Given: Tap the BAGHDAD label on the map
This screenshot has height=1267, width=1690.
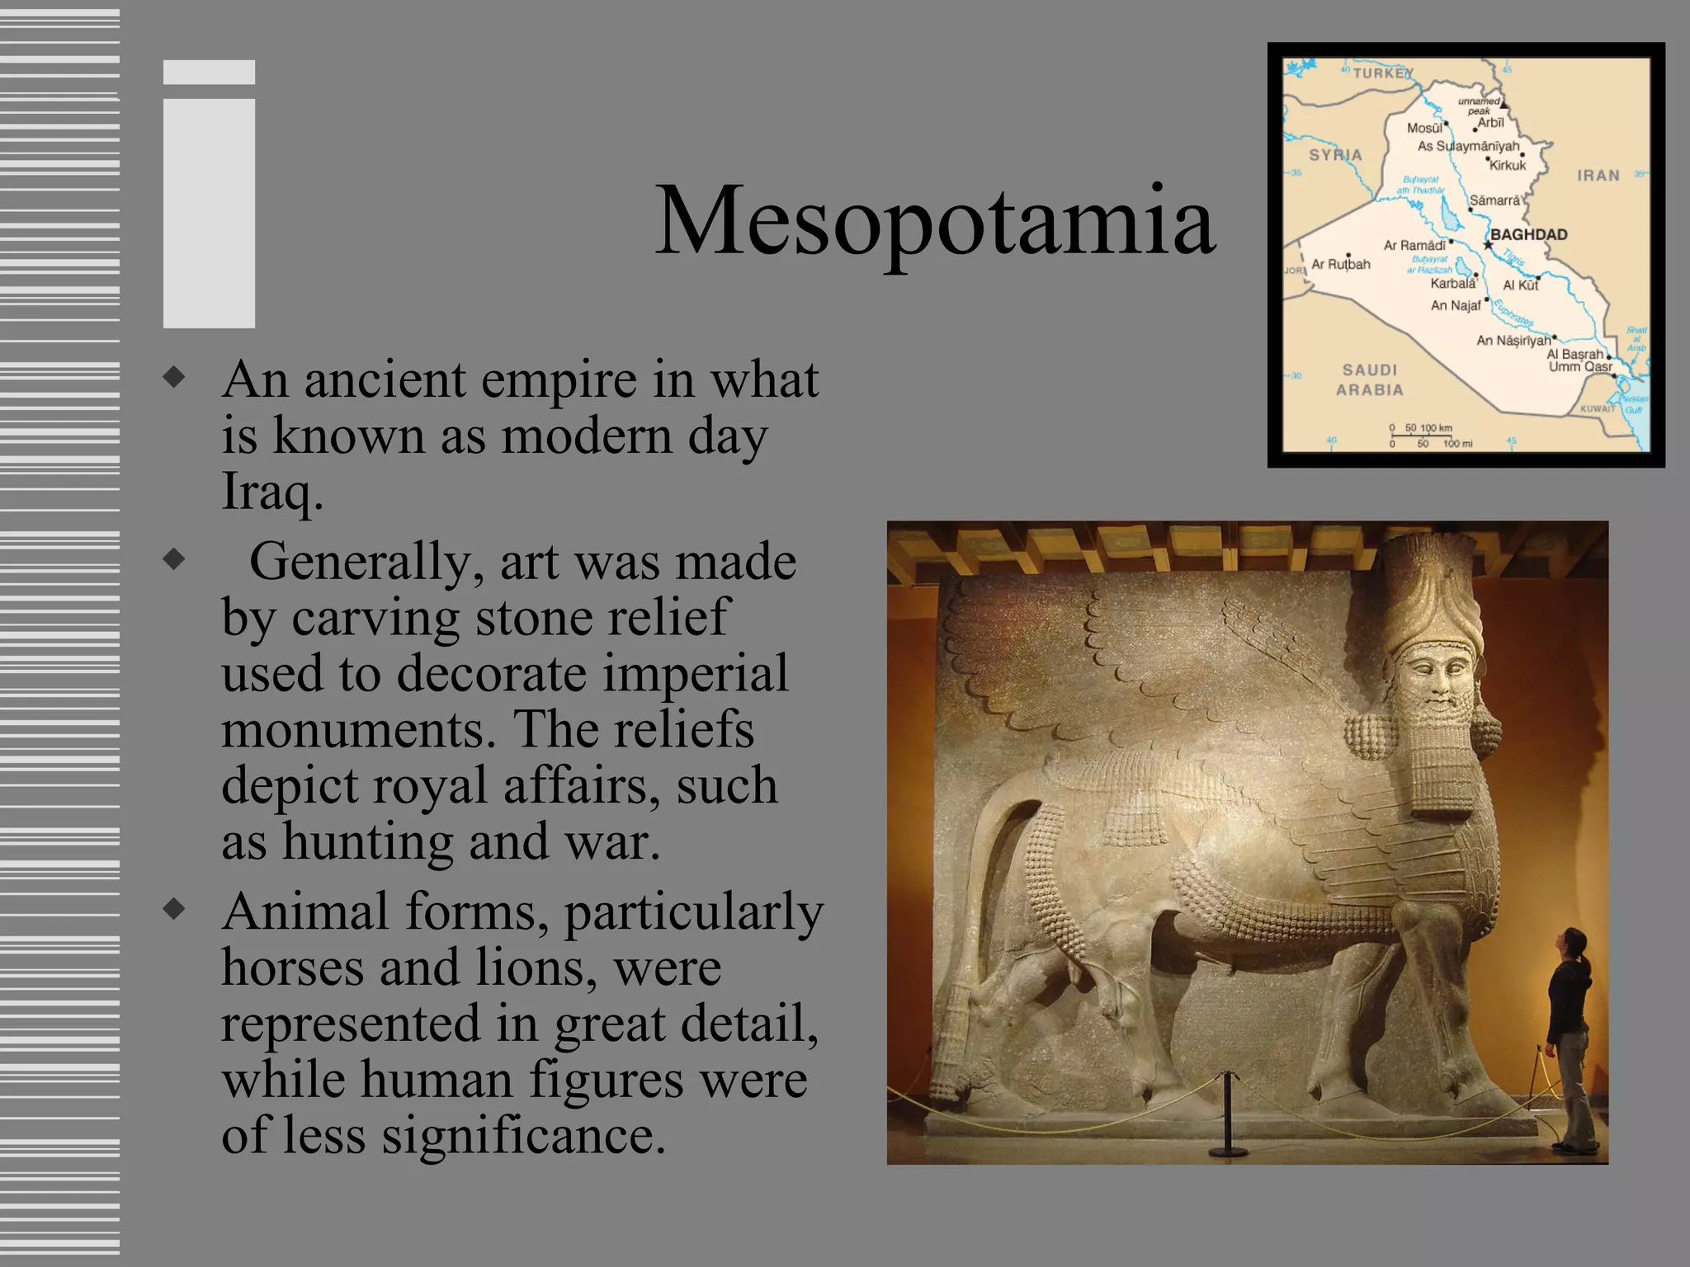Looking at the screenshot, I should pos(1528,234).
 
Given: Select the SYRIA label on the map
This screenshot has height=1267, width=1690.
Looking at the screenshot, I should pos(1335,155).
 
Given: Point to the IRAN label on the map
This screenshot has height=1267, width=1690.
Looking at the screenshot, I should pos(1598,176).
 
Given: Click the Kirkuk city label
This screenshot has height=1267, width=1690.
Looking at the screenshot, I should pos(1508,166).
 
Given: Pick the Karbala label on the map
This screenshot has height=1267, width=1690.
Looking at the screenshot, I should pos(1452,284).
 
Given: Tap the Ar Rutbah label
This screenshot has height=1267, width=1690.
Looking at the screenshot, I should pos(1341,264).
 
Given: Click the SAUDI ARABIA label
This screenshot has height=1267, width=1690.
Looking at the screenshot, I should pos(1370,379).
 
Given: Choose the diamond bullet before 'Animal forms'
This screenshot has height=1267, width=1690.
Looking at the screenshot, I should pos(174,910).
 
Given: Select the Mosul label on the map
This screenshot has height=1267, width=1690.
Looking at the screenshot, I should pos(1425,128).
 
